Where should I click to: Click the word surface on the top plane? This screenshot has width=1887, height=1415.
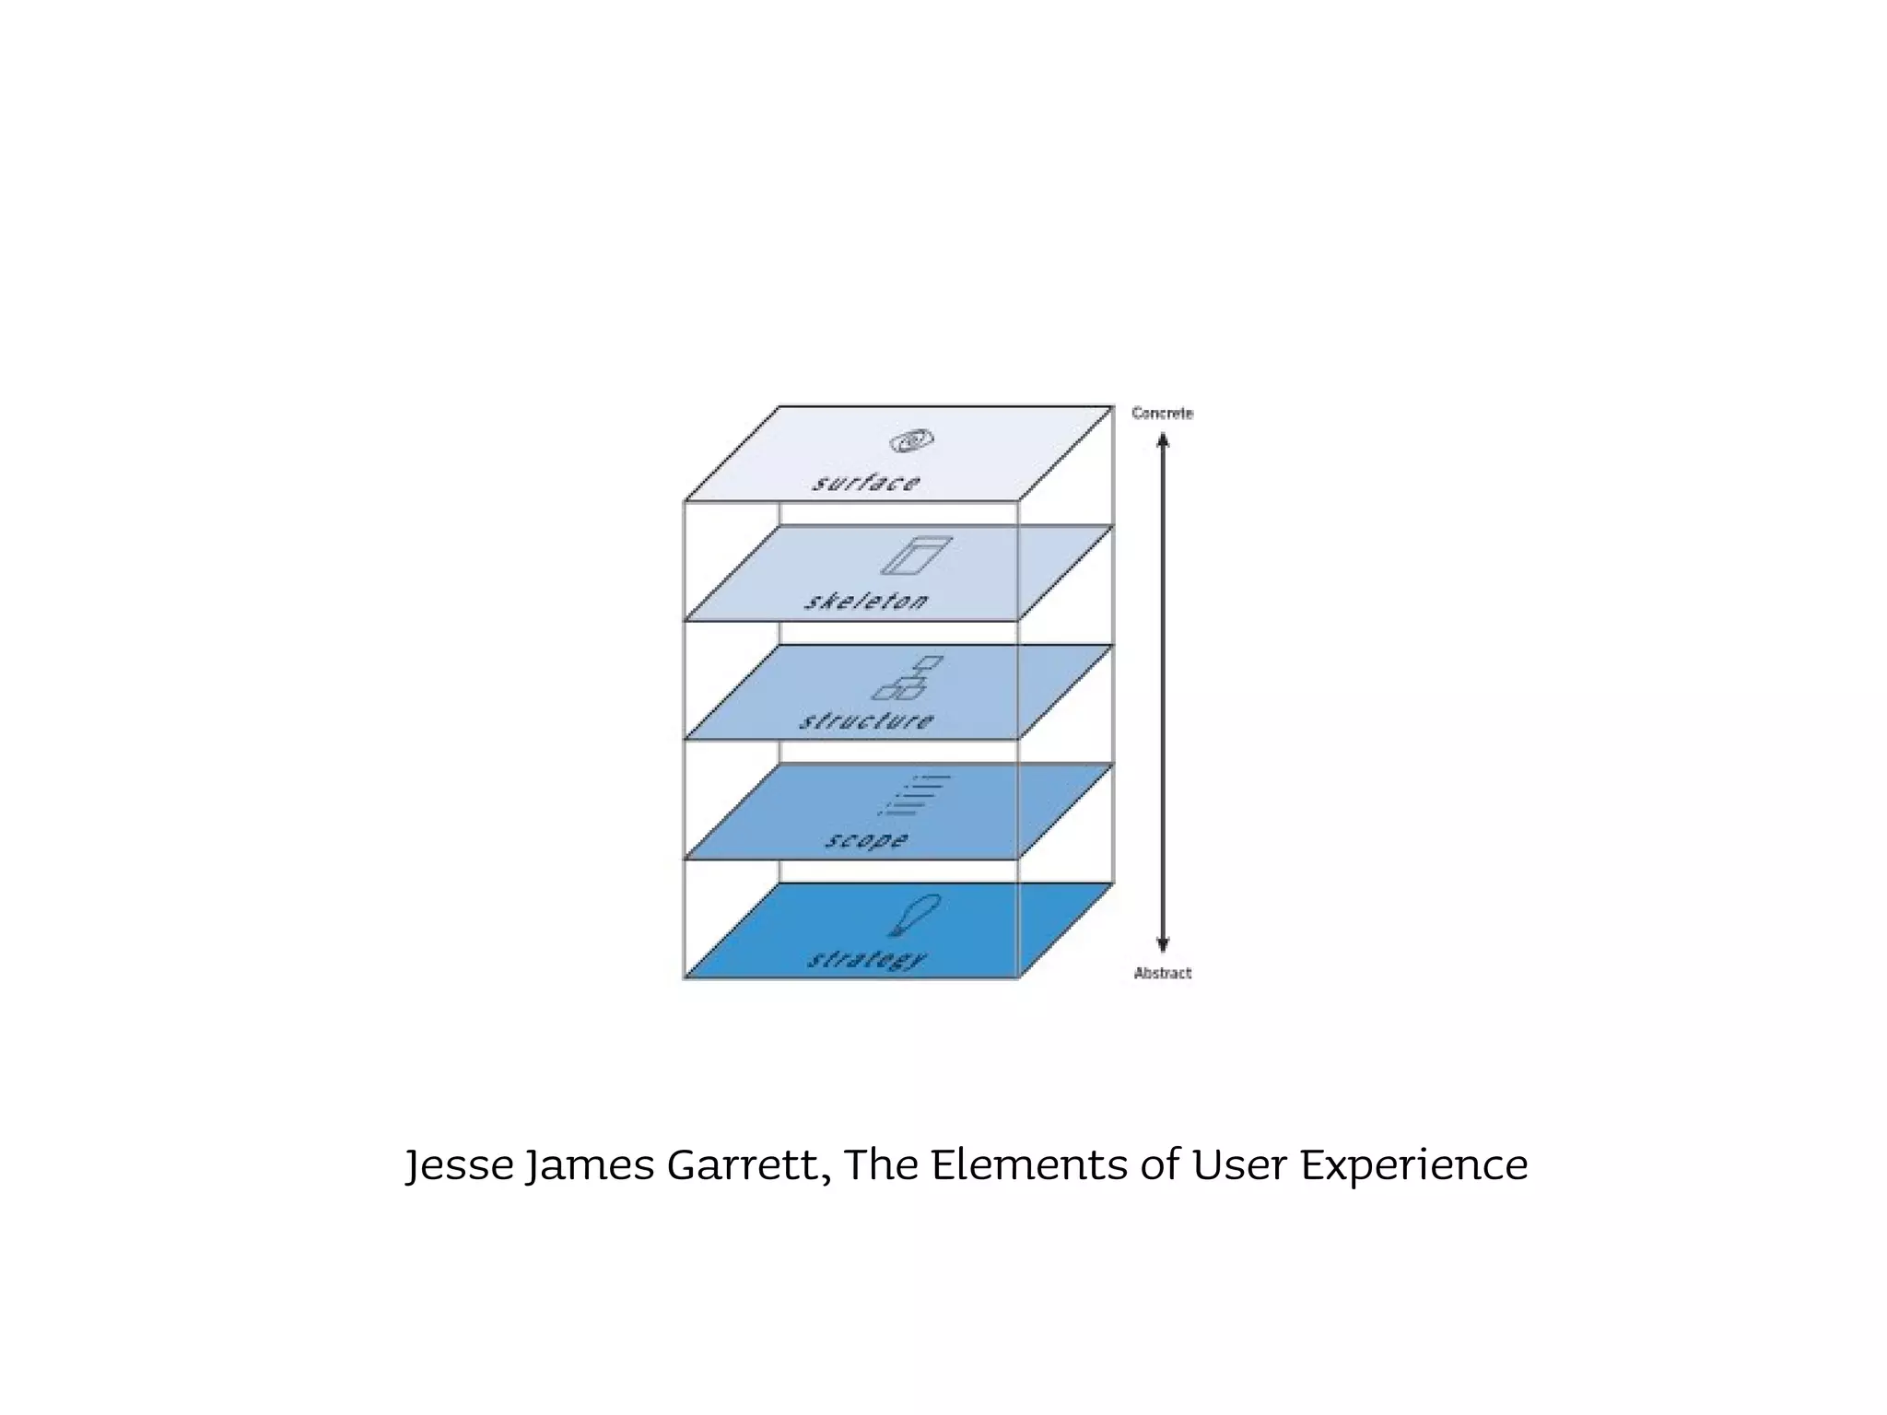[865, 483]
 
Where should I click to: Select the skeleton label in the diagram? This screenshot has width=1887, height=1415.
[866, 602]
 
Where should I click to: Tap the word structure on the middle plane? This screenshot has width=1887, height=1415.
[866, 720]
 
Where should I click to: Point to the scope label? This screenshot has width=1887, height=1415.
[866, 840]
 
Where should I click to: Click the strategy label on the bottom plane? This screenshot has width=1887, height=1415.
[867, 960]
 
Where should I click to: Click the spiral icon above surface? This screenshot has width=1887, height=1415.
[911, 441]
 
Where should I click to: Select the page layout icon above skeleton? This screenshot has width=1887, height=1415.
[916, 555]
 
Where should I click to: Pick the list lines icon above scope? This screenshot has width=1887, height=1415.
[914, 795]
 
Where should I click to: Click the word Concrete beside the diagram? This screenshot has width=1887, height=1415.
[1162, 414]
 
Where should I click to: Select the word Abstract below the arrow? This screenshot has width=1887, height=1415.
[1163, 973]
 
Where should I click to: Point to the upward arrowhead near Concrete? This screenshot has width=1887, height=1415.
[1163, 441]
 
